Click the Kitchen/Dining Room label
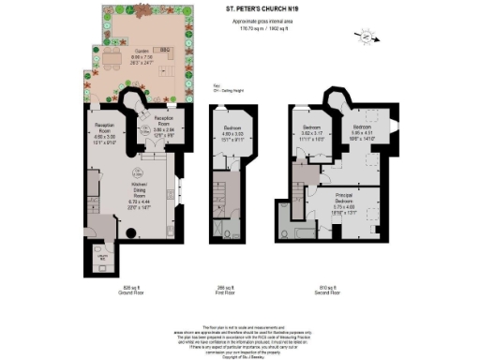click(x=129, y=192)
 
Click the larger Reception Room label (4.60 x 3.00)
click(x=103, y=129)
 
